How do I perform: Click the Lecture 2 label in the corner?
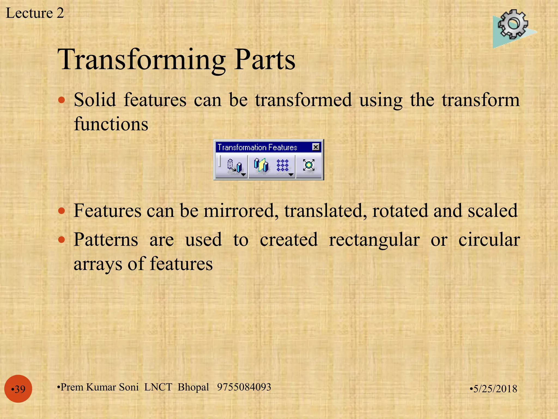tap(35, 13)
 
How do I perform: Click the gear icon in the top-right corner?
tap(513, 25)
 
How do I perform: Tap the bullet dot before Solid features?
tap(62, 100)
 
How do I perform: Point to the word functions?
tap(111, 124)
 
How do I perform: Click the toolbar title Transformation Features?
tap(257, 148)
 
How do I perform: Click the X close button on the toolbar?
tap(316, 147)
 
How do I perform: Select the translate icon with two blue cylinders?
tap(234, 166)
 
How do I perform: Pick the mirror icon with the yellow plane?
tap(261, 165)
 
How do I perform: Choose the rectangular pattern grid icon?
tap(283, 165)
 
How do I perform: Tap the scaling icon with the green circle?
tap(309, 165)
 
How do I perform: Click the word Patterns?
tap(106, 240)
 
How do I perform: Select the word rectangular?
tap(374, 240)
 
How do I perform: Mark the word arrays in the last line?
tap(98, 264)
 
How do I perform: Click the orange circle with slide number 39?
tap(18, 389)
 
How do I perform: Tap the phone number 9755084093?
tap(244, 387)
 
